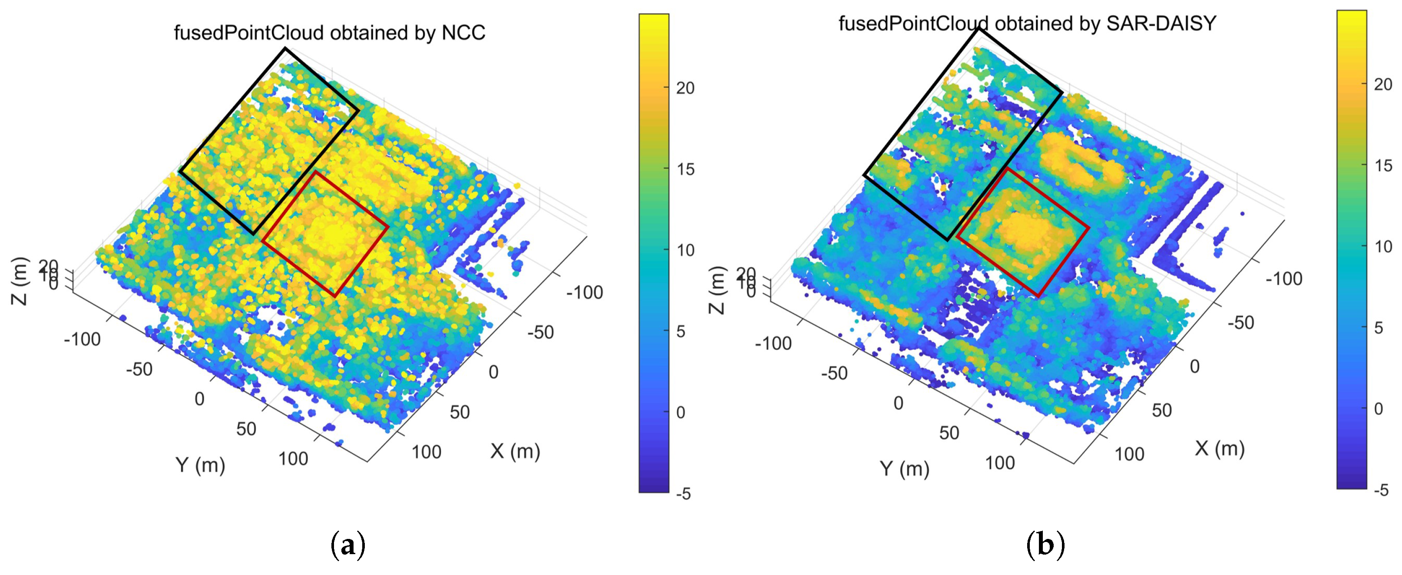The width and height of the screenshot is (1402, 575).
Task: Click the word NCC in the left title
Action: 463,33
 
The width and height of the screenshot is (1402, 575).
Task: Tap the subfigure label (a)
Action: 348,545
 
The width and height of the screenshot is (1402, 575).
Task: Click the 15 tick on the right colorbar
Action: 1383,165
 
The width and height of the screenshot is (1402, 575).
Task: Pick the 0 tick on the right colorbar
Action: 1378,409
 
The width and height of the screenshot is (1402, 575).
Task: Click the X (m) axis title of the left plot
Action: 515,451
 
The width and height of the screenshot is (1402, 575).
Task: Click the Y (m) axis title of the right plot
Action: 905,468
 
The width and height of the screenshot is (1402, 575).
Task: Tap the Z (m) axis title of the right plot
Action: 718,290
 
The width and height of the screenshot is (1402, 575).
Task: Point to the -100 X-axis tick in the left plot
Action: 585,292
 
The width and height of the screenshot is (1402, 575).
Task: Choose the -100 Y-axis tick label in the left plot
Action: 82,339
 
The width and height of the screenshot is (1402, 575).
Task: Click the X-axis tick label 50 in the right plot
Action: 1161,410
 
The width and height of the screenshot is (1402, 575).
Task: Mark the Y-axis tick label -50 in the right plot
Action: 834,373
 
